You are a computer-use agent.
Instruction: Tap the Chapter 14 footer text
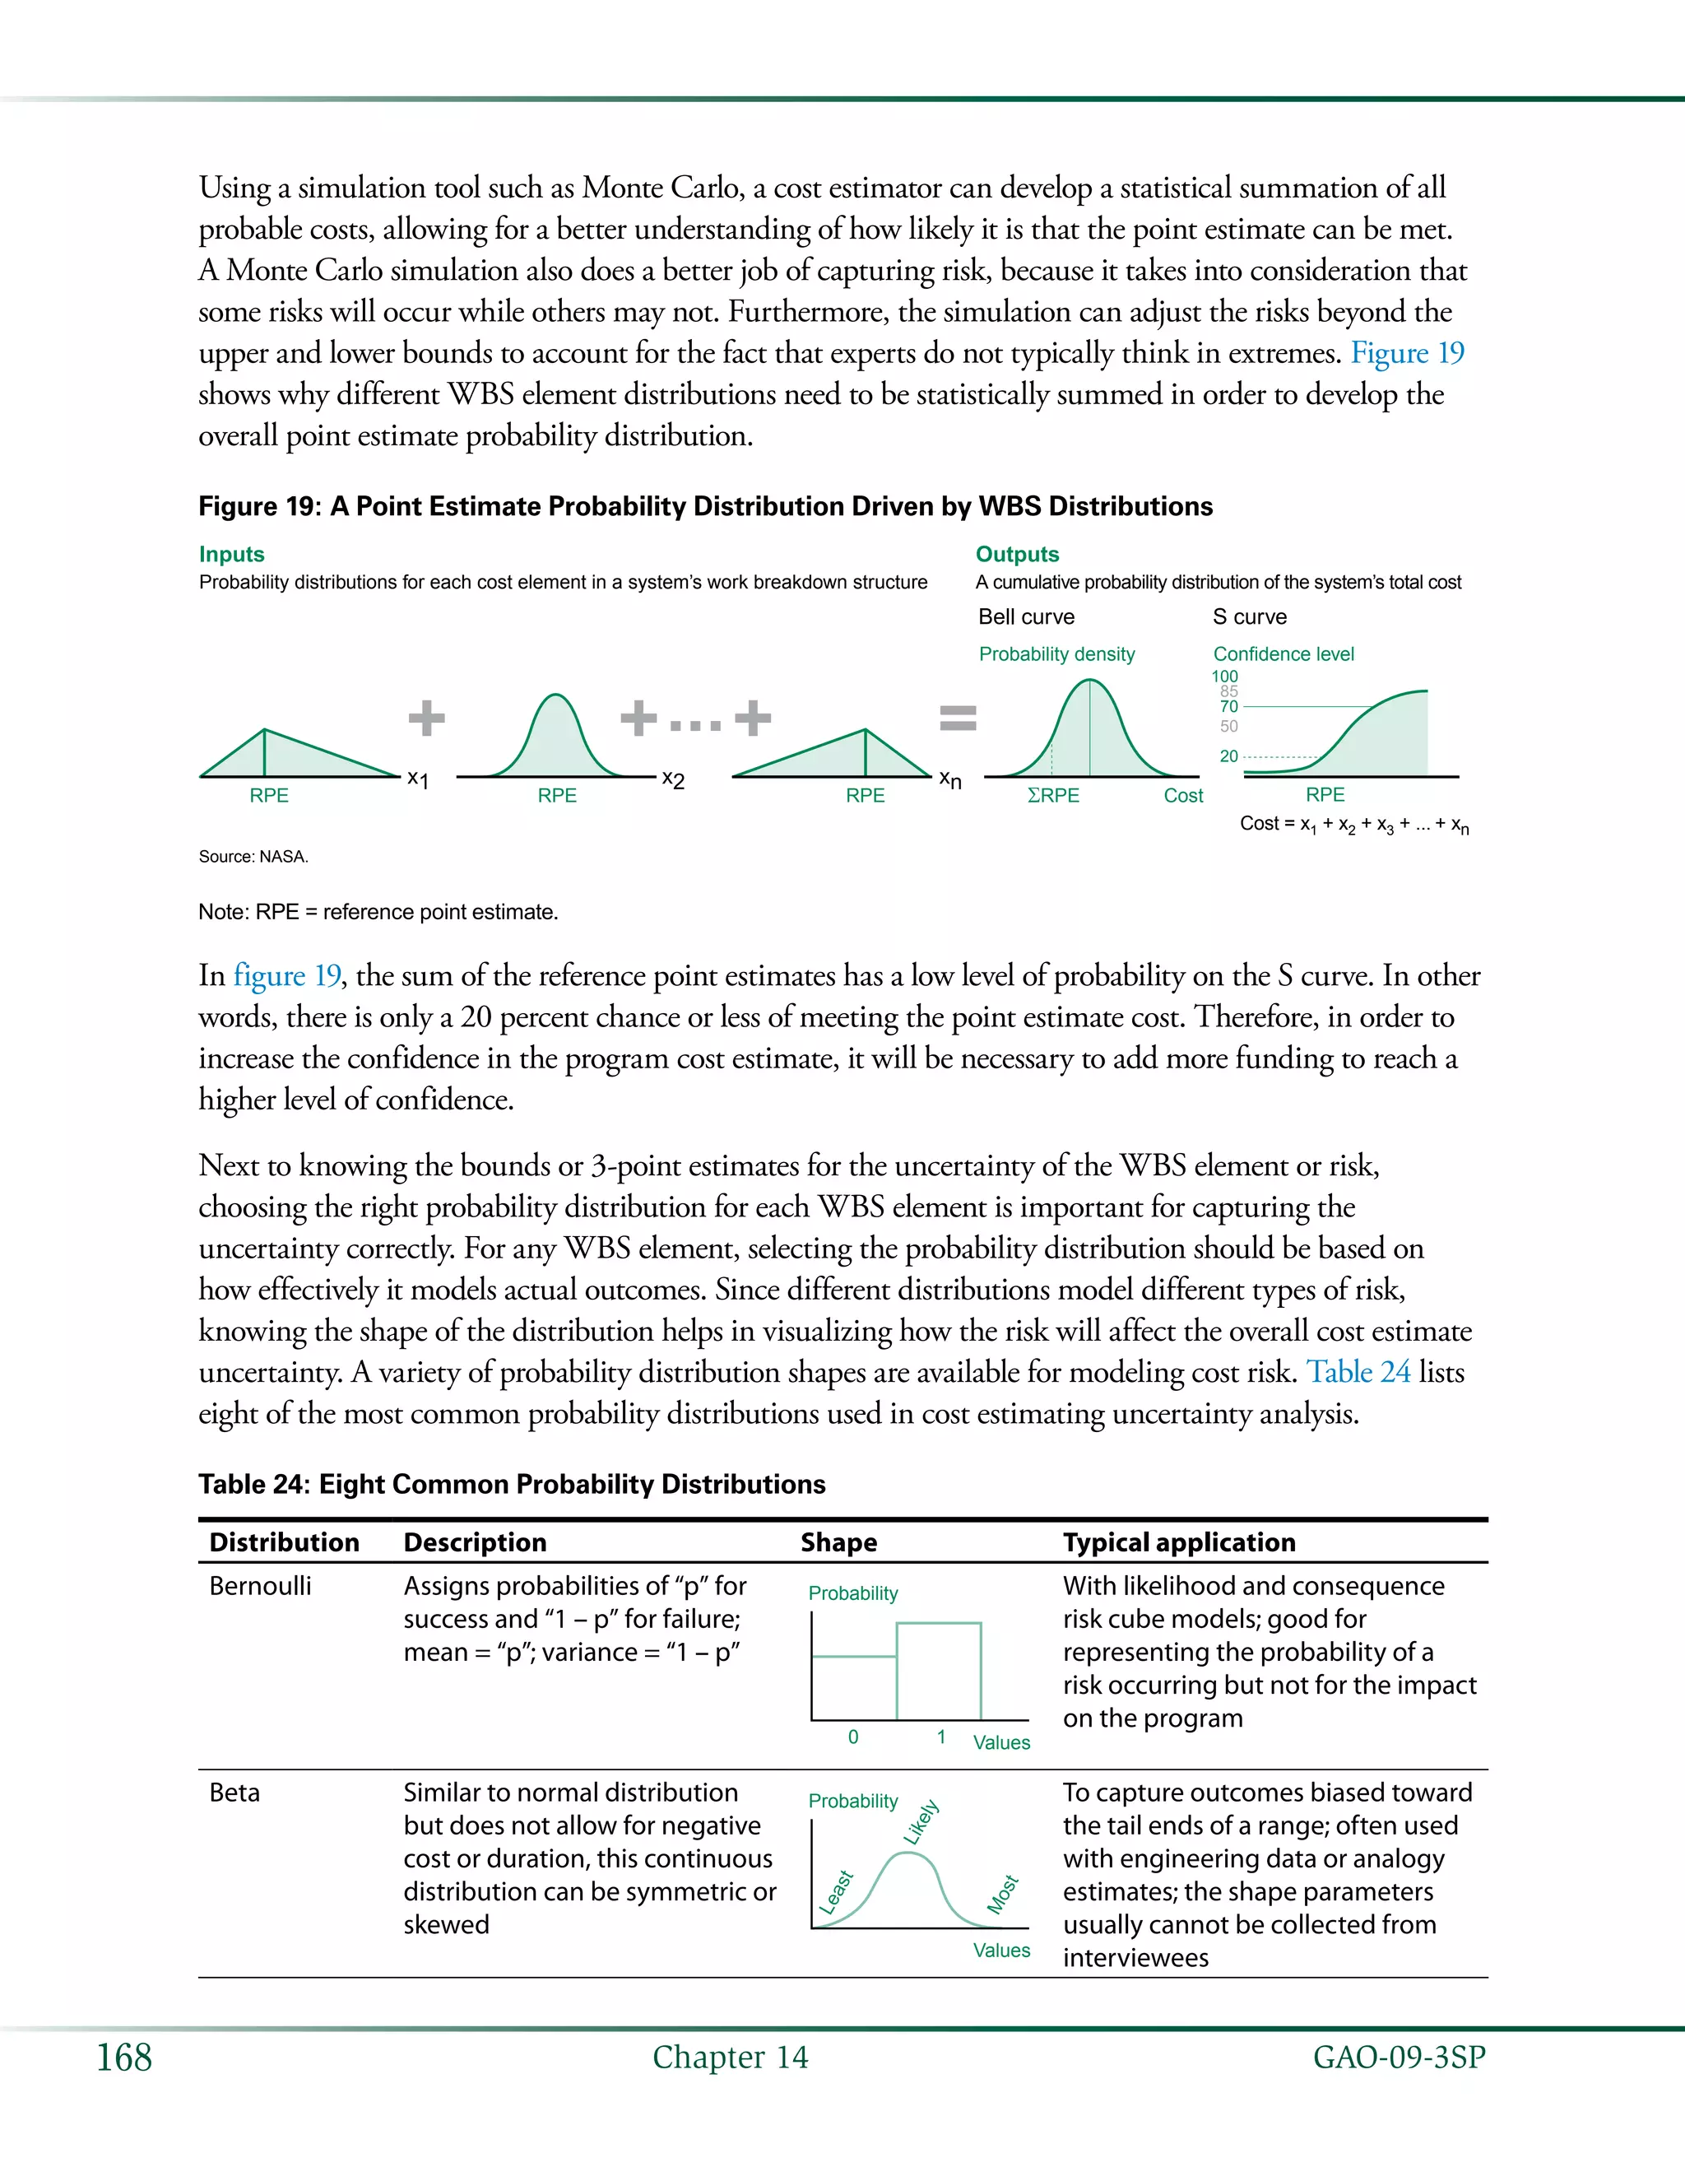pos(730,2058)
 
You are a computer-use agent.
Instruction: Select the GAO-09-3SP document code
pos(1399,2058)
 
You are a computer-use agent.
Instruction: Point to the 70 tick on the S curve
pos(1229,706)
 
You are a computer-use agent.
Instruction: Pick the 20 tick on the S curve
pos(1229,756)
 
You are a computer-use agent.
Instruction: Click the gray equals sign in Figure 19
pos(959,717)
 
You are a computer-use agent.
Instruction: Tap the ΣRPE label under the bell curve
pos(1053,796)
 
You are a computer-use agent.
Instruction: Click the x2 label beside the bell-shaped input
pos(674,780)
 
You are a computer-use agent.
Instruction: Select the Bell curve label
pos(1026,617)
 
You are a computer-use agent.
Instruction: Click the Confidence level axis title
pos(1283,654)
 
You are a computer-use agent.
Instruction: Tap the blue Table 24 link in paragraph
pos(1358,1372)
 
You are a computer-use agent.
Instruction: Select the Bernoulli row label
pos(261,1586)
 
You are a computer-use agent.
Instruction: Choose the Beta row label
pos(234,1793)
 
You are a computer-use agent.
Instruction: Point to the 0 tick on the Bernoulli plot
pos(852,1737)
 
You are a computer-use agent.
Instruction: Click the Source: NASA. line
pos(253,857)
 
